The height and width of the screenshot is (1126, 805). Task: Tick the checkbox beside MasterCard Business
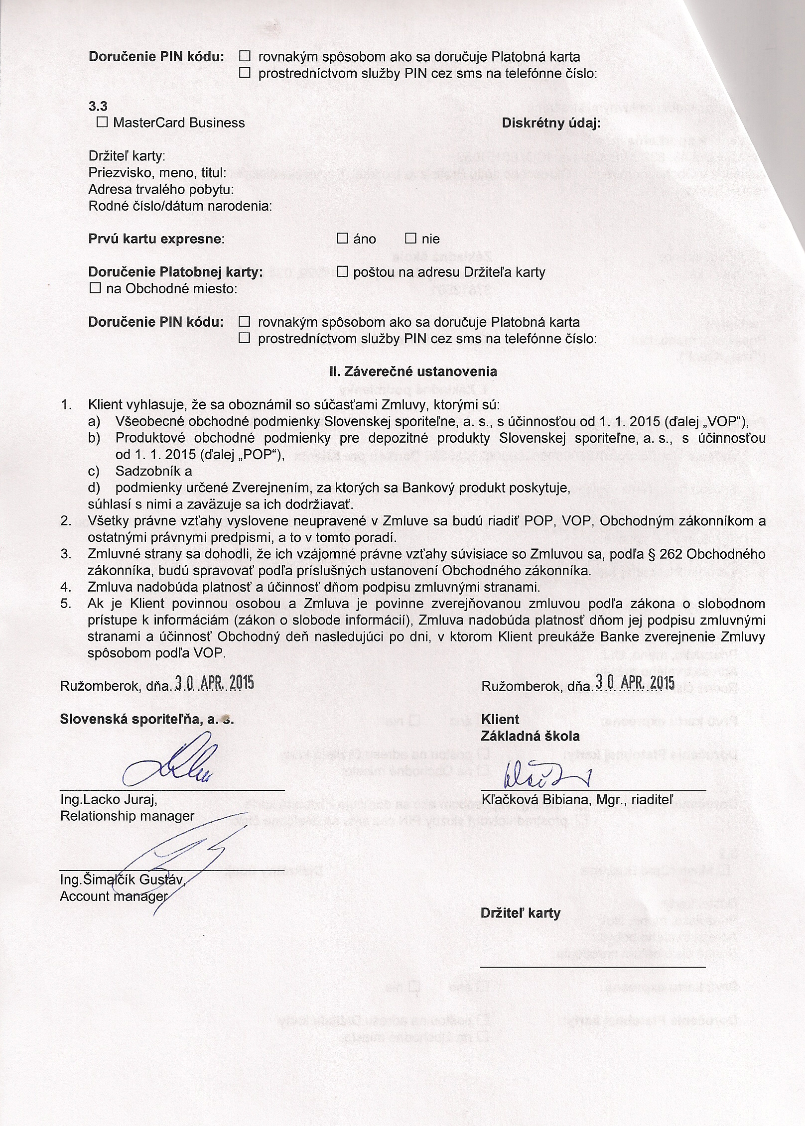click(x=102, y=123)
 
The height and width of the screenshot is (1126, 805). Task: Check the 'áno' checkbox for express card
click(x=342, y=239)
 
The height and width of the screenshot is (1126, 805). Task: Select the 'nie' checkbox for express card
click(x=410, y=239)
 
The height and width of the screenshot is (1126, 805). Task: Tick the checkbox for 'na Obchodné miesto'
click(x=94, y=288)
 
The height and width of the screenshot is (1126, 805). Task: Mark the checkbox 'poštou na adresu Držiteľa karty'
click(x=342, y=272)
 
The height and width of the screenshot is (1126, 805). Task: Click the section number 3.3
click(x=98, y=106)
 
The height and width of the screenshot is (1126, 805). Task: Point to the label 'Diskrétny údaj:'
click(x=551, y=123)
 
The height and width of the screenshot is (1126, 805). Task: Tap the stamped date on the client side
click(x=635, y=683)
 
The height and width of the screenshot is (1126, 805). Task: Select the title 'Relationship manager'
click(x=127, y=816)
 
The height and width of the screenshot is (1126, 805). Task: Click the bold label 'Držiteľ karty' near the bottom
click(x=520, y=913)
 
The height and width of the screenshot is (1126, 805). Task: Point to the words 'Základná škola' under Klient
click(x=530, y=736)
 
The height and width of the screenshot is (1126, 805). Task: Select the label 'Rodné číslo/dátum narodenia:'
click(x=180, y=206)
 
